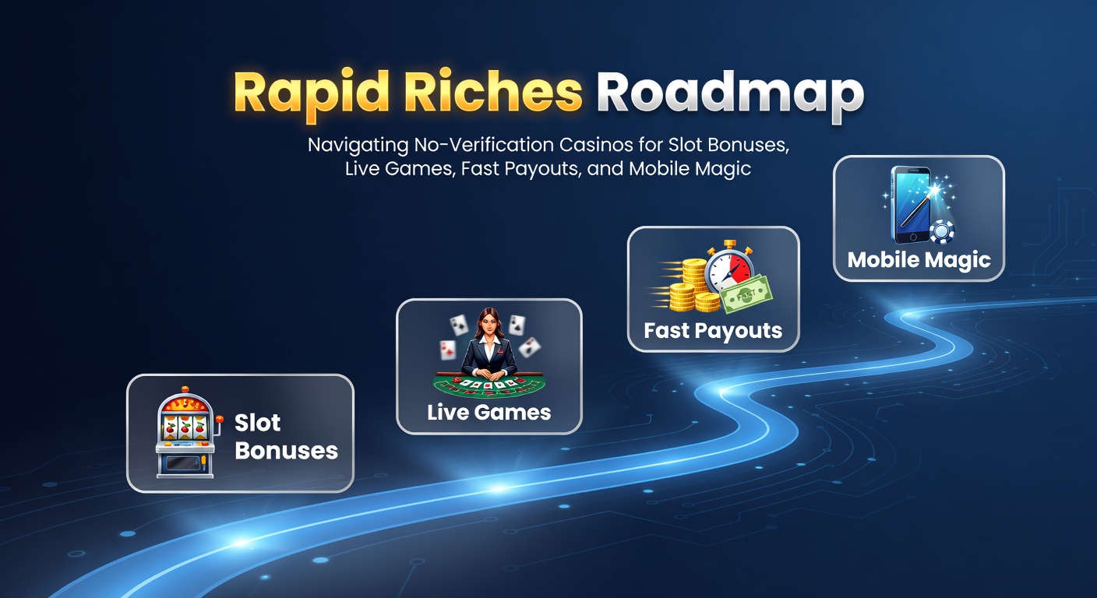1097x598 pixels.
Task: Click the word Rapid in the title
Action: click(312, 93)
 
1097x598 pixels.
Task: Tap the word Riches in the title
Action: click(493, 91)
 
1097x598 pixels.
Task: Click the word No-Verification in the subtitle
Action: click(485, 145)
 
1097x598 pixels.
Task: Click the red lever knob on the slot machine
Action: click(220, 419)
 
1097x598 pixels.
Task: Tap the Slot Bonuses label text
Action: click(286, 437)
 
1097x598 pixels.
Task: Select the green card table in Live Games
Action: click(489, 384)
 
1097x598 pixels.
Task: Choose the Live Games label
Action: click(489, 412)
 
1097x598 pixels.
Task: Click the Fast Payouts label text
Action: click(713, 330)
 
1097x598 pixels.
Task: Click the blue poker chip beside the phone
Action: click(942, 232)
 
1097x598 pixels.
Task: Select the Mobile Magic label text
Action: click(919, 260)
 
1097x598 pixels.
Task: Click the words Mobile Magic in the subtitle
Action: click(690, 168)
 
